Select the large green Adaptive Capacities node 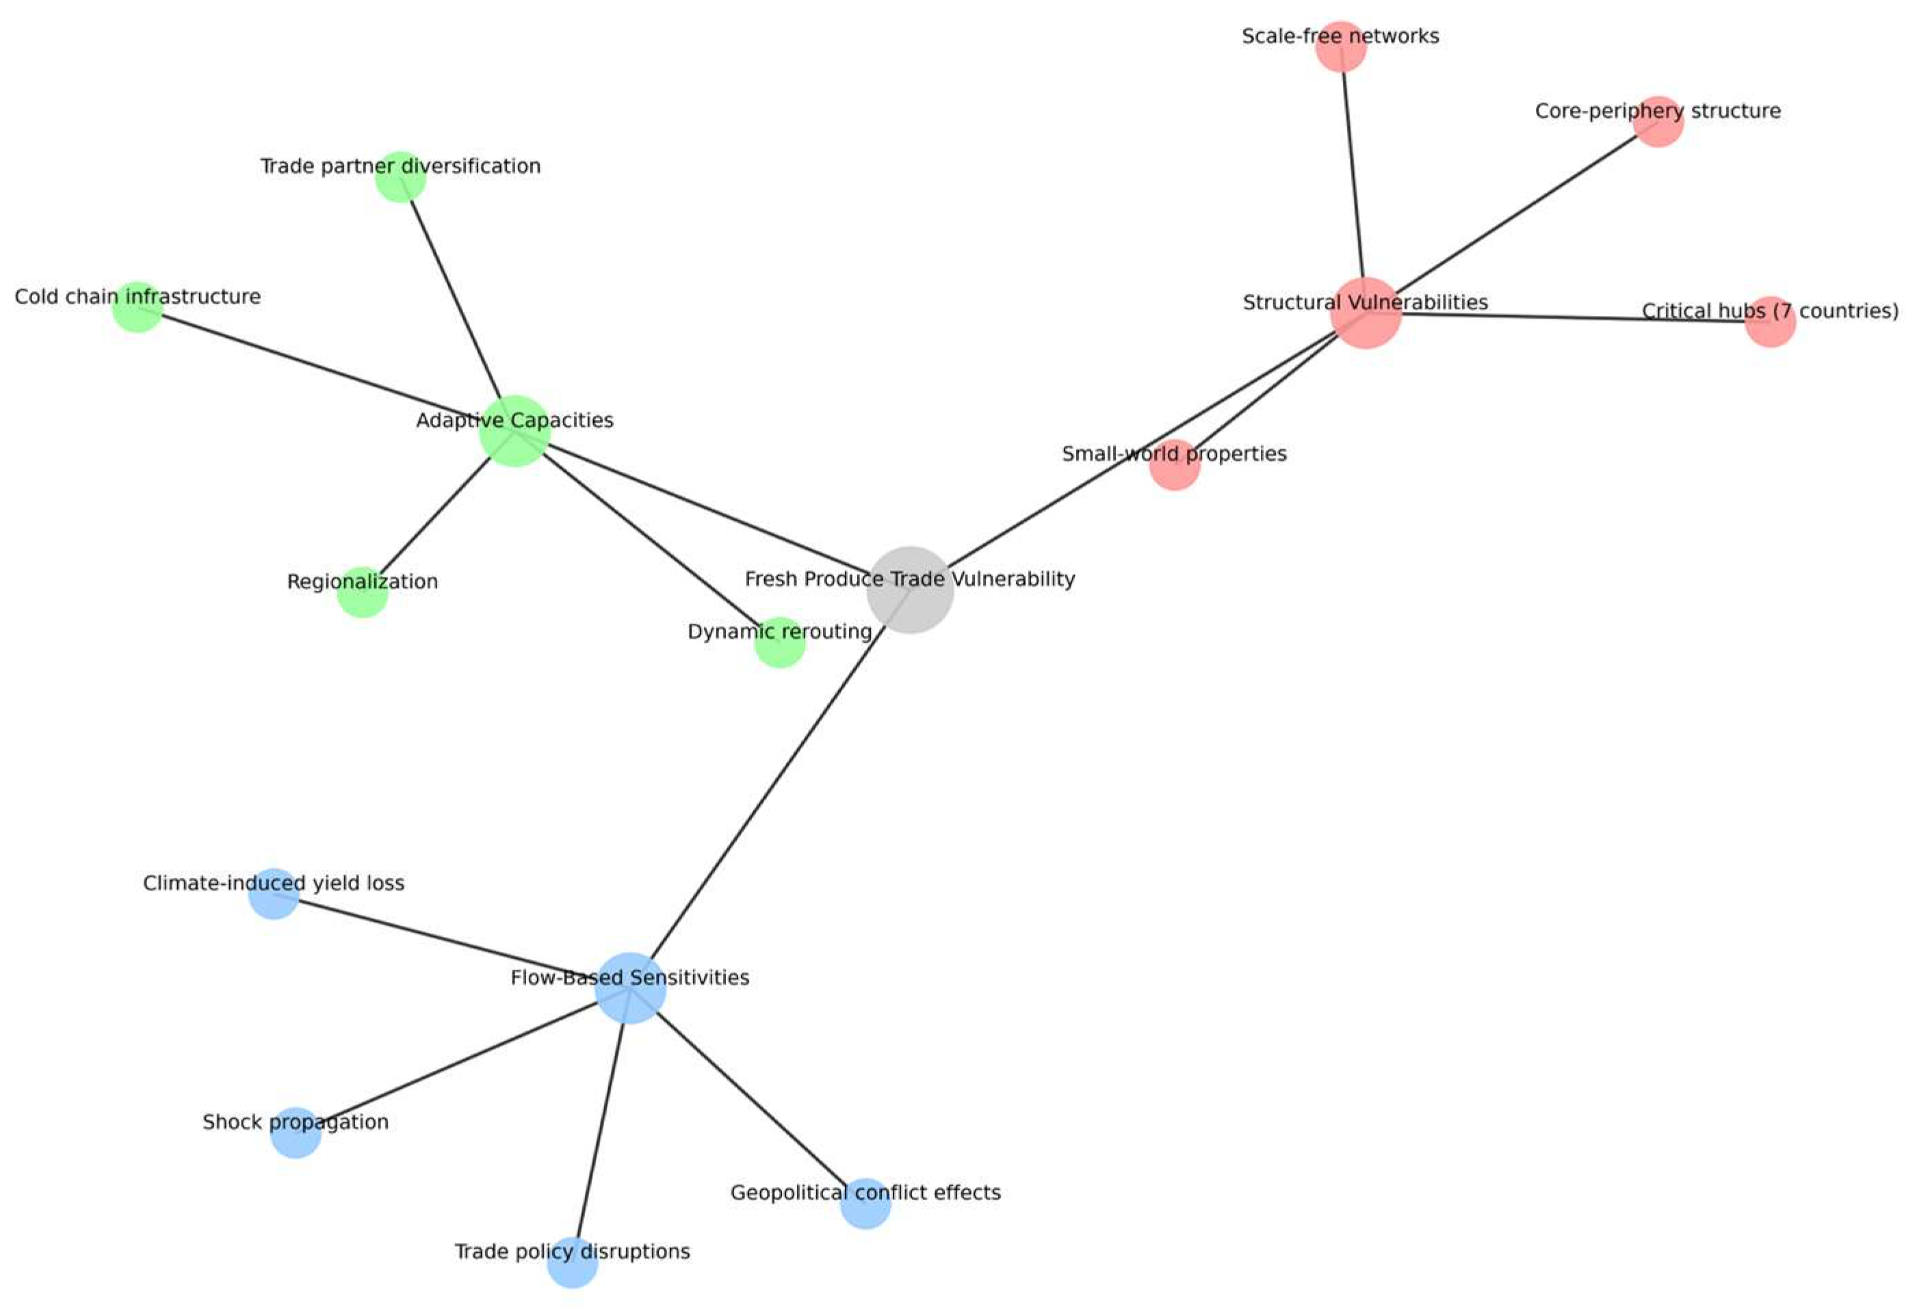514,430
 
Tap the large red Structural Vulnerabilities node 1366,313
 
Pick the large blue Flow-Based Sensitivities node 629,987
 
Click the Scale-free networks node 1341,47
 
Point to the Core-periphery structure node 1658,122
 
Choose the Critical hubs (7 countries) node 1769,321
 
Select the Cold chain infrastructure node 138,307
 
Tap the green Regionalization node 362,592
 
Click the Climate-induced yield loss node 273,892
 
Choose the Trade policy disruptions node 572,1261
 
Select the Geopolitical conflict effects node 865,1203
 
